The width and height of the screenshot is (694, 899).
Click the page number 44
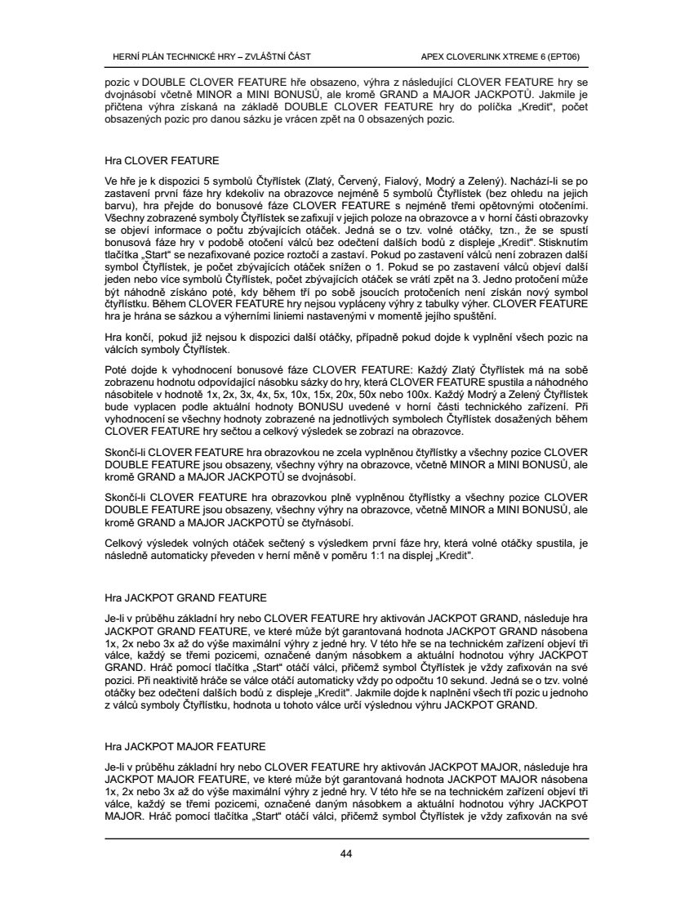(x=346, y=854)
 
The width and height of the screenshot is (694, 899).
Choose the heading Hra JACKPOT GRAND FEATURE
(x=186, y=597)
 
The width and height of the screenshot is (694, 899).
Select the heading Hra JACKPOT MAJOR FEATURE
(x=185, y=746)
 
